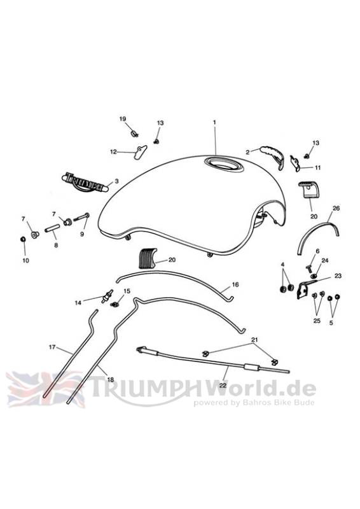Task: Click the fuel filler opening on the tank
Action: point(224,164)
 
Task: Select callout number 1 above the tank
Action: point(214,122)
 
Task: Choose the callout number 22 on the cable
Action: point(223,385)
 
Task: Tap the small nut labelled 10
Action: point(23,239)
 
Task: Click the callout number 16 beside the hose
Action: point(235,284)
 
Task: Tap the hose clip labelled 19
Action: point(134,133)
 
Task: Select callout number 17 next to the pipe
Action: point(52,347)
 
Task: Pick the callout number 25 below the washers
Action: point(317,321)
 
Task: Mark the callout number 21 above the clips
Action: point(255,340)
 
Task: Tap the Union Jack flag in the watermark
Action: point(45,389)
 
